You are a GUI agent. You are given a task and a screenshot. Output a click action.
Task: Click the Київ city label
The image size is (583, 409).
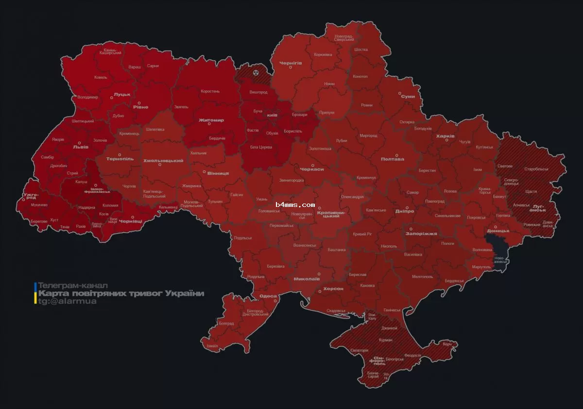[x=272, y=115]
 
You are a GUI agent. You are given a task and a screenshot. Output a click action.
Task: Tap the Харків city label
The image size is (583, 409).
[x=445, y=136]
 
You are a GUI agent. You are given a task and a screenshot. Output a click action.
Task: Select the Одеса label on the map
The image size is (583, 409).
[x=268, y=296]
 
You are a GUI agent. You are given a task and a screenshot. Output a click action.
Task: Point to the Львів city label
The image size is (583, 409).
[x=81, y=146]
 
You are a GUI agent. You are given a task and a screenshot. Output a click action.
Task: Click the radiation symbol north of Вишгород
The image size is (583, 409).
[x=256, y=72]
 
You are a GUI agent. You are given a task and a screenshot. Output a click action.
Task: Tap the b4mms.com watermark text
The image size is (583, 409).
[x=295, y=205]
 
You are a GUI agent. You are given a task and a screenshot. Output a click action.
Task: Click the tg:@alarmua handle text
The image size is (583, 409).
[x=67, y=301]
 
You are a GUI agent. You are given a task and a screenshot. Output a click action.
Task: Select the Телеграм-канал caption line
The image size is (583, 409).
[x=73, y=285]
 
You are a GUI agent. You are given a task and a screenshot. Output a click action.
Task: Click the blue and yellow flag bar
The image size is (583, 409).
[x=35, y=293]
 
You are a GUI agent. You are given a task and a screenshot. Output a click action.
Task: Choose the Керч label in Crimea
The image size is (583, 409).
[x=447, y=344]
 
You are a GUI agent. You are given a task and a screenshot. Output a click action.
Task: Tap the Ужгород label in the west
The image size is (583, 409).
[x=30, y=196]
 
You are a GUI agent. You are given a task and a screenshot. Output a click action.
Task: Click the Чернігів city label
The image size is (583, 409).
[x=291, y=63]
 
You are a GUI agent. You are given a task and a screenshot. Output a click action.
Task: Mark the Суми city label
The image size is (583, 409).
[x=408, y=96]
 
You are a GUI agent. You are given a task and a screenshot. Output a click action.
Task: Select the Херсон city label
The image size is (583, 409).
[x=333, y=289]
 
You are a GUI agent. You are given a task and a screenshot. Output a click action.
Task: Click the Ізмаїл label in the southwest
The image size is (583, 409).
[x=212, y=346]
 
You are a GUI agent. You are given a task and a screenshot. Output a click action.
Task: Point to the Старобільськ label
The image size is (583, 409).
[x=536, y=169]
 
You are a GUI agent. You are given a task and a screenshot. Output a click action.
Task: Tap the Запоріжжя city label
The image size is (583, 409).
[x=421, y=233]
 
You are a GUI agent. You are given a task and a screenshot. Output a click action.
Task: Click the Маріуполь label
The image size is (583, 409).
[x=481, y=267]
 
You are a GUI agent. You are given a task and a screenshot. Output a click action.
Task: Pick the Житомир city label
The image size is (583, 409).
[x=211, y=120]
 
